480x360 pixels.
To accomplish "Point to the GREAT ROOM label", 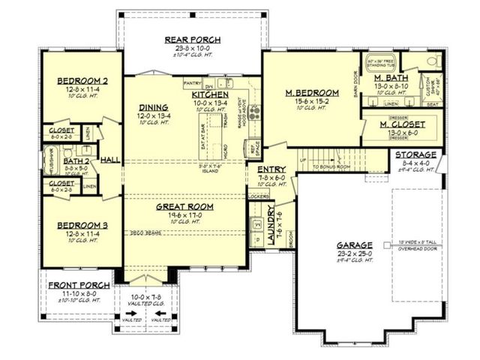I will (x=185, y=206).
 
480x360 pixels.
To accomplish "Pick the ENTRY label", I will (x=271, y=170).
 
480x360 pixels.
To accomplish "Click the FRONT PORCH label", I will (x=79, y=286).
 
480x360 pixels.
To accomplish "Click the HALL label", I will (x=111, y=160).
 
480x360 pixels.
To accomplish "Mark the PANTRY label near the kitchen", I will (x=193, y=83).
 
